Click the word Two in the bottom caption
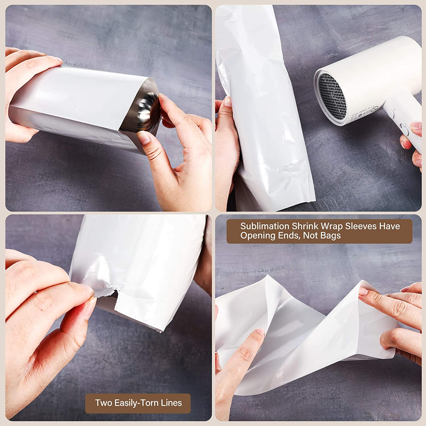103,403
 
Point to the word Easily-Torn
136,403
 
